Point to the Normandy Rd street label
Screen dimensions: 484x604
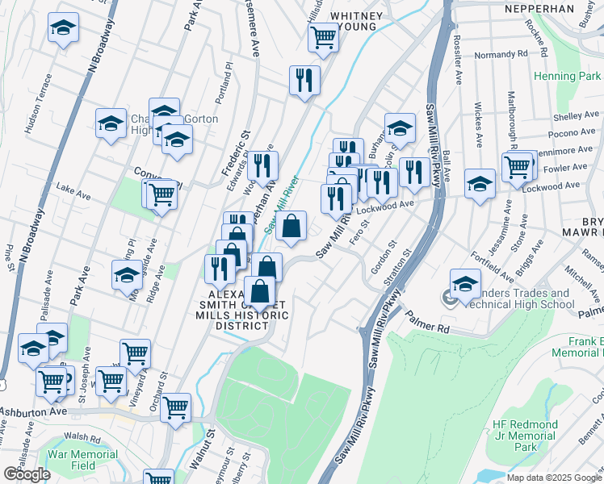[x=501, y=54]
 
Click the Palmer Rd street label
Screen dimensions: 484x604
[x=432, y=329]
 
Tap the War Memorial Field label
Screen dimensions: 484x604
[x=82, y=460]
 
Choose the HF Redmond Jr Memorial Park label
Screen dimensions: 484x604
[x=524, y=436]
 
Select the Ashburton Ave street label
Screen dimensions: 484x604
[x=32, y=411]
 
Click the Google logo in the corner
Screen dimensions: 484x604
[x=27, y=474]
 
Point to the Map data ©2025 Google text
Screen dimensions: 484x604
[x=554, y=478]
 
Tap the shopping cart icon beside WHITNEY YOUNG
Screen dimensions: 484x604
[x=323, y=36]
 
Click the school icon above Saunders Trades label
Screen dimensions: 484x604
[x=466, y=283]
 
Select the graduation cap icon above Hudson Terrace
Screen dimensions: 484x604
[x=63, y=28]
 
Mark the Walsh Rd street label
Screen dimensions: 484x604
[x=80, y=436]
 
